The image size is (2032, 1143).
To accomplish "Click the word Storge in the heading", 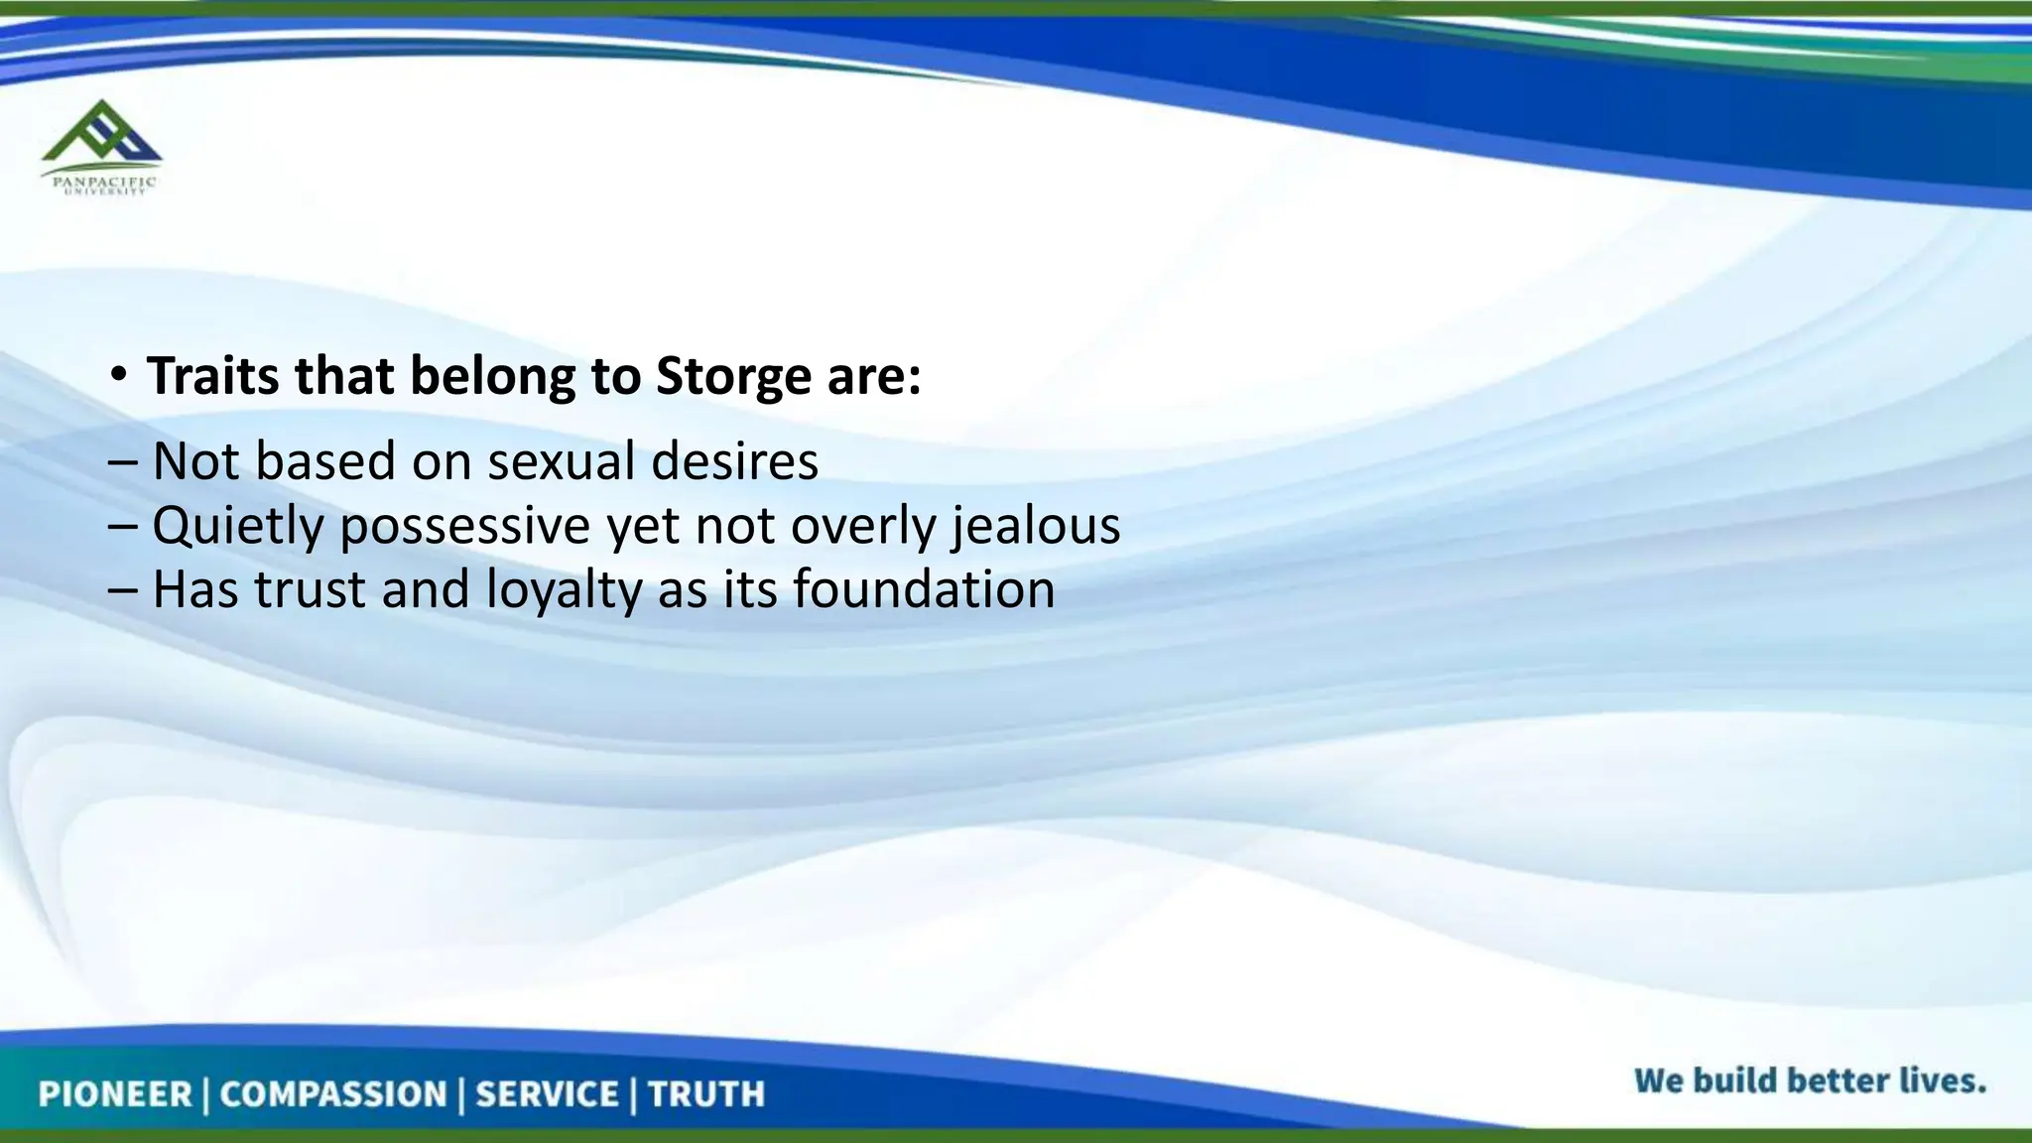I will pos(733,377).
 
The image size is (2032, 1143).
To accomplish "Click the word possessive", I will pos(465,526).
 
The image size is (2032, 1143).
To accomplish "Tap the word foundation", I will pos(924,589).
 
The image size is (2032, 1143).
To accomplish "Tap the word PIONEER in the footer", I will pos(115,1094).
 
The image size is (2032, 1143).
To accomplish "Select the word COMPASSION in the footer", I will pos(333,1094).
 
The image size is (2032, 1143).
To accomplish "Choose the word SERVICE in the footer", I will pos(548,1094).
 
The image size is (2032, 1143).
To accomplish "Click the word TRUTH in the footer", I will pos(706,1094).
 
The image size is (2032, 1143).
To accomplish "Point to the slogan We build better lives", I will pos(1810,1080).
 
